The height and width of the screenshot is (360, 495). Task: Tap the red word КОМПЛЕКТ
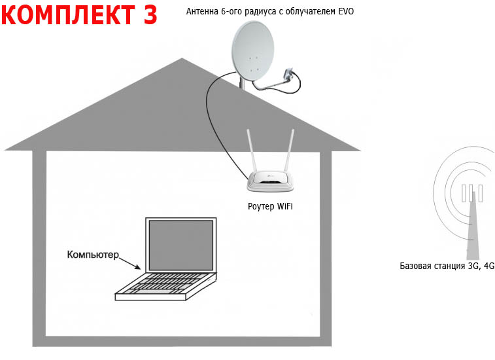tap(69, 14)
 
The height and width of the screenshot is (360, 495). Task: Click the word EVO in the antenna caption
tap(347, 11)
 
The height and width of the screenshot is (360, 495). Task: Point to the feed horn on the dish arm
tap(288, 73)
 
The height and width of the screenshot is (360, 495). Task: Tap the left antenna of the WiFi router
tap(252, 151)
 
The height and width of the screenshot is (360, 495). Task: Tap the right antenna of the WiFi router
tap(290, 151)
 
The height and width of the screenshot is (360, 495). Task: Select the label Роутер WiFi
tap(270, 206)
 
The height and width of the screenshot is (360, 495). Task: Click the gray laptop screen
tap(181, 245)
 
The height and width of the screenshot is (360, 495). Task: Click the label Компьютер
tap(93, 255)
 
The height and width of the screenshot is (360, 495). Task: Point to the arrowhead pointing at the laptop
tap(137, 267)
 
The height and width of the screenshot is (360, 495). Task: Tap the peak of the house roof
tap(182, 58)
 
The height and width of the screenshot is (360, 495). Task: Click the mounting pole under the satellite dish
tap(241, 84)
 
